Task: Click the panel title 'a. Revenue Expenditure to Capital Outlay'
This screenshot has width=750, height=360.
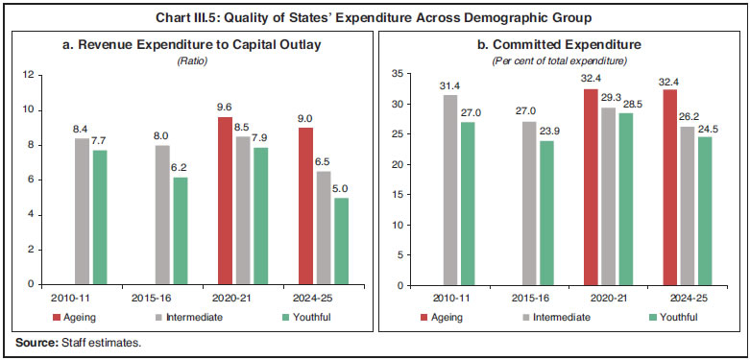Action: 194,44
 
